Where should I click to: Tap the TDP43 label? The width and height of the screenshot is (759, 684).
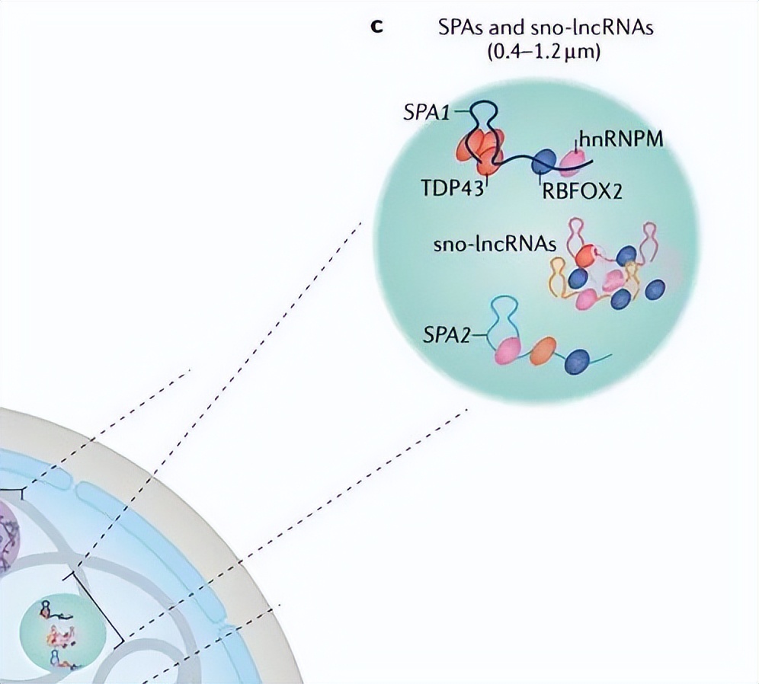pos(452,188)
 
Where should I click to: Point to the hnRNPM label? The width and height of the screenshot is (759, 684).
pos(620,140)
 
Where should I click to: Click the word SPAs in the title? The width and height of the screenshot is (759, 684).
pos(460,29)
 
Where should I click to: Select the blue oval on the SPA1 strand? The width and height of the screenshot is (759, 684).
pos(543,161)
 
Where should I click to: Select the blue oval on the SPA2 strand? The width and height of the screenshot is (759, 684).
pos(578,360)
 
